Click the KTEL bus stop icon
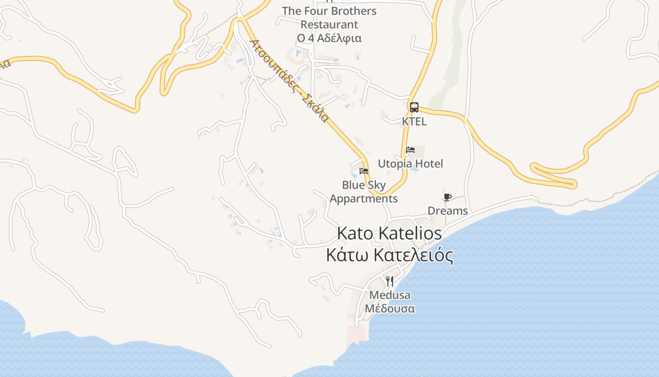coord(414,107)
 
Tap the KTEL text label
coord(414,122)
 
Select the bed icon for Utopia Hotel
coord(410,150)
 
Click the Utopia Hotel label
coord(410,164)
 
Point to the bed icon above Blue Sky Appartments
coord(363,171)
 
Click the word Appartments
coord(363,198)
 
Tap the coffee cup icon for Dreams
coord(447,197)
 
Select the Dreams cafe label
coord(448,211)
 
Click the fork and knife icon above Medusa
coord(390,281)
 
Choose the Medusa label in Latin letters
coord(390,295)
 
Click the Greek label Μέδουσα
coord(390,309)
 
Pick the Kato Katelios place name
coord(390,233)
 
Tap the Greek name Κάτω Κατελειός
coord(390,255)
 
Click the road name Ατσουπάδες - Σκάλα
coord(288,81)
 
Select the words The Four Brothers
coord(329,11)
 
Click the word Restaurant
coord(329,25)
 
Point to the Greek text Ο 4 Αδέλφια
coord(329,38)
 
